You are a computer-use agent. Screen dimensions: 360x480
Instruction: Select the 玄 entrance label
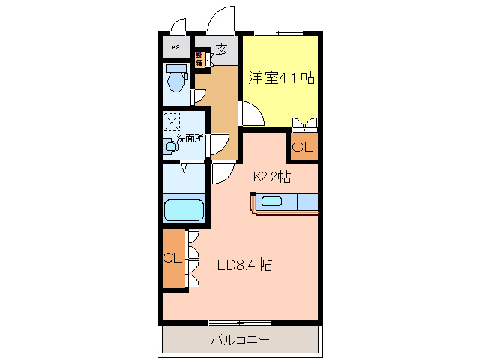tap(222, 49)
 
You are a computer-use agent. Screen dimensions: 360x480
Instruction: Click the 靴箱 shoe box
tap(200, 59)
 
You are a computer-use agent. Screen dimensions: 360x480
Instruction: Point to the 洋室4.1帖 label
tap(280, 78)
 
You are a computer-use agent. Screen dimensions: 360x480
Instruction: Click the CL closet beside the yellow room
tap(302, 148)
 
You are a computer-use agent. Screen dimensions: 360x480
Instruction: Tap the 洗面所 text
tap(190, 139)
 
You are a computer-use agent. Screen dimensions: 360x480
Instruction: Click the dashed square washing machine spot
tap(172, 122)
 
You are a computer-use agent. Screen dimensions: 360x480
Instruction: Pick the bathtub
tap(184, 209)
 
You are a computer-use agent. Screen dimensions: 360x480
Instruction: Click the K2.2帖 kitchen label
tap(271, 178)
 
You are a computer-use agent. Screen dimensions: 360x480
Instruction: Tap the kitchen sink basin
tap(271, 201)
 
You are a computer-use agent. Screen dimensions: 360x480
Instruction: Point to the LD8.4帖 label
tap(244, 265)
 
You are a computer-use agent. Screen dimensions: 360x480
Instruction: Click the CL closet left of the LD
tap(173, 259)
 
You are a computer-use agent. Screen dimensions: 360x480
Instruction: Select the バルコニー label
tap(239, 340)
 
